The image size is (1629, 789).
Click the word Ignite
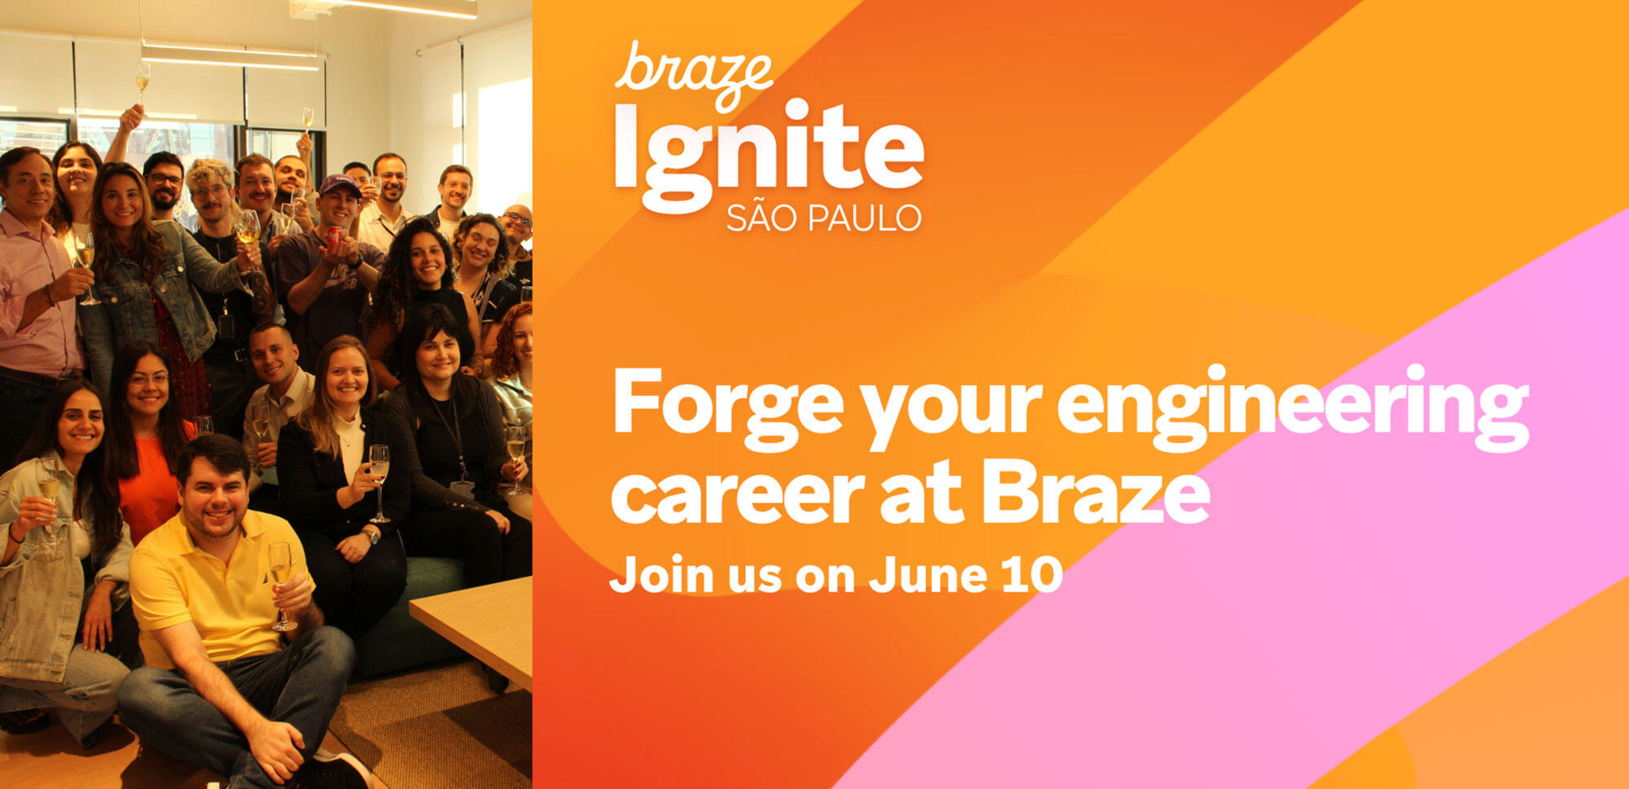click(x=768, y=155)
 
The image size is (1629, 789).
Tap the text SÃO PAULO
click(x=823, y=218)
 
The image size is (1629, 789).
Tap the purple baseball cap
click(x=340, y=186)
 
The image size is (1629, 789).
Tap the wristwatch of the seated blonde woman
click(x=371, y=536)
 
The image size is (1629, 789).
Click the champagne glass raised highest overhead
click(x=143, y=77)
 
